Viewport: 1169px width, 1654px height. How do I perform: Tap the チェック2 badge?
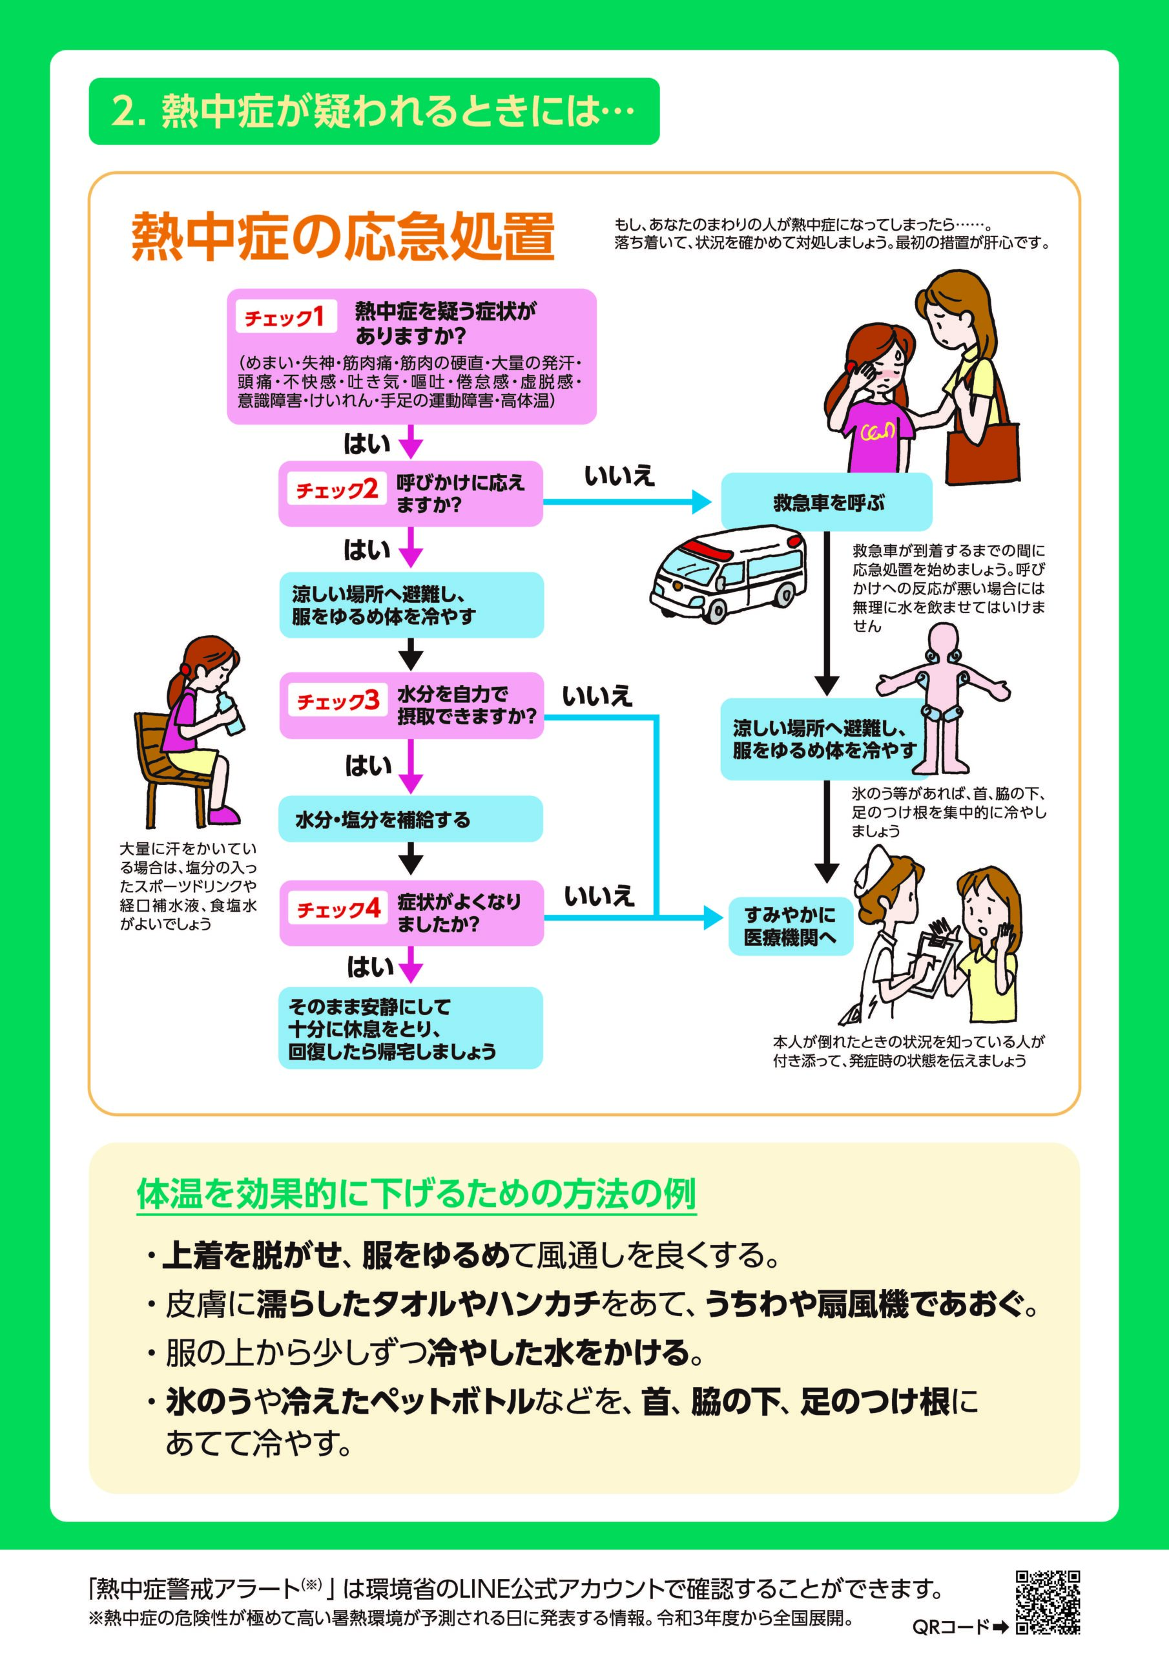[x=337, y=490]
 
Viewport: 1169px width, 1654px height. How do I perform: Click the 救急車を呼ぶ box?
[x=826, y=502]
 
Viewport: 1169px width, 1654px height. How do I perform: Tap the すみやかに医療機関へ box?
[x=790, y=926]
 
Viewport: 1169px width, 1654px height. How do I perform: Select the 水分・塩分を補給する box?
[x=411, y=819]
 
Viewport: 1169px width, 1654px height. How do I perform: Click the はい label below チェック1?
[x=367, y=444]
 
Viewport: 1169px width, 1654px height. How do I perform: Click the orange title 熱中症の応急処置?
[x=343, y=236]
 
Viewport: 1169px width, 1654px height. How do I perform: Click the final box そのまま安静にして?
[x=411, y=1028]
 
